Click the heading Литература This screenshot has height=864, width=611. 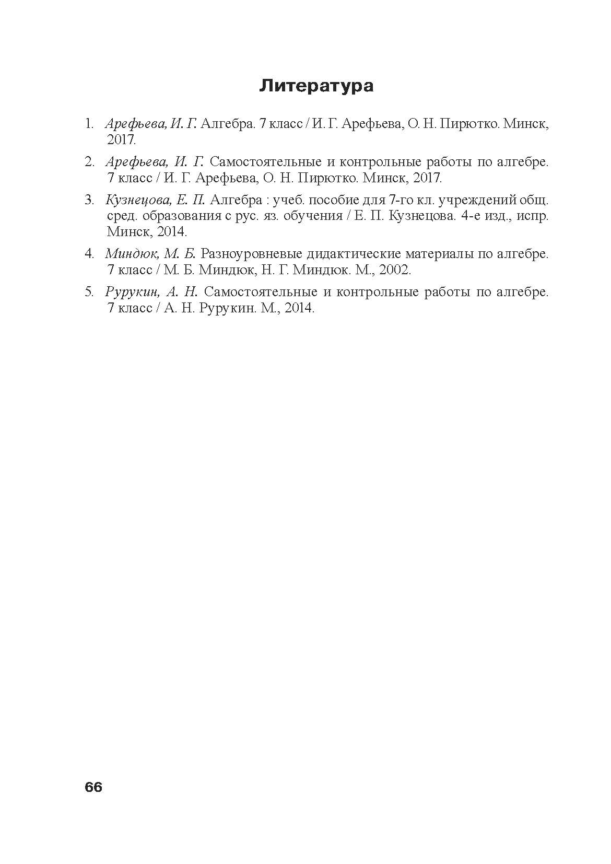click(316, 86)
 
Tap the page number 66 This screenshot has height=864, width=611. click(93, 787)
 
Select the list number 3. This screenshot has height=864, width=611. click(89, 200)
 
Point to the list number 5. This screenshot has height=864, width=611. click(89, 292)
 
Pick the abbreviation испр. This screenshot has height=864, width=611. click(532, 216)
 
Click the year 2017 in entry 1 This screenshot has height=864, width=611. click(121, 140)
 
